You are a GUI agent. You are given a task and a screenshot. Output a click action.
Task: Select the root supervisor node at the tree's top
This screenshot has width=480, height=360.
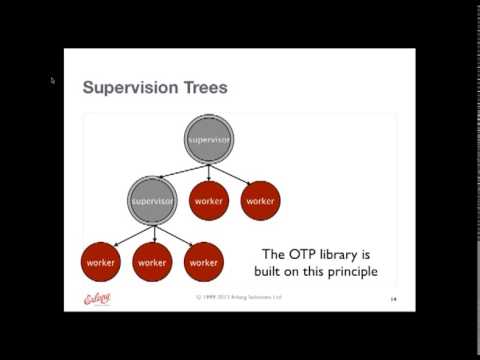pos(209,139)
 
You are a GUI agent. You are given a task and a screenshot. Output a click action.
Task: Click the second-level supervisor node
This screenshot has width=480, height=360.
pos(153,201)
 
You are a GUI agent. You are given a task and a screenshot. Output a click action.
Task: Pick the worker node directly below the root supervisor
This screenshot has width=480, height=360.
pos(209,201)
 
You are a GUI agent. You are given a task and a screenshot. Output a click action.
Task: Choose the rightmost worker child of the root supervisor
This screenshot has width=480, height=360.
pos(260,201)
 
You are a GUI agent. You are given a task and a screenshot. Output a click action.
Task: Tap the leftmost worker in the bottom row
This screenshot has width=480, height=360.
pos(100,262)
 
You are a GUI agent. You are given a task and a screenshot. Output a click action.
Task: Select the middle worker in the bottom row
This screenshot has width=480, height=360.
pos(152,262)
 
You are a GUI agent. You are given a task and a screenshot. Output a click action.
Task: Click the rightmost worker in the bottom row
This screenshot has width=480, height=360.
pos(203,262)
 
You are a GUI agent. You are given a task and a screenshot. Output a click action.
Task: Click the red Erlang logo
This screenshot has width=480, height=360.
pos(96,297)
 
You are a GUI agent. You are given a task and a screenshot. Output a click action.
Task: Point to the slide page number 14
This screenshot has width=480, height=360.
pos(393,299)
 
